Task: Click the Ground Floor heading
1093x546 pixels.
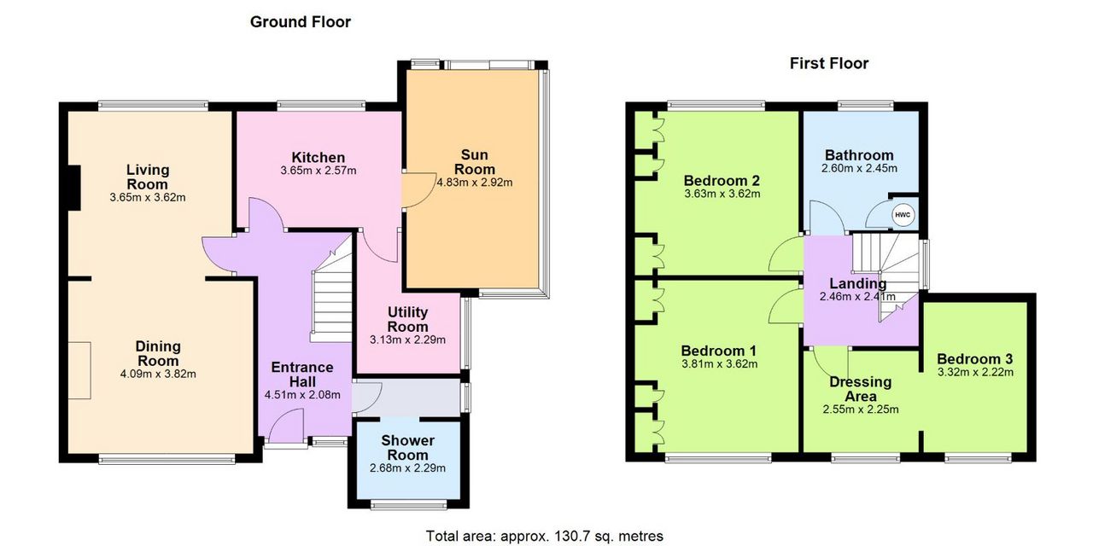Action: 300,22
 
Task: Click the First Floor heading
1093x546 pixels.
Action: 829,63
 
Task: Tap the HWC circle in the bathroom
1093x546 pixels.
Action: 903,215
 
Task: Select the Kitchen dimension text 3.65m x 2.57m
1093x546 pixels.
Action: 319,171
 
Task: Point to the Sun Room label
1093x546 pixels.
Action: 474,162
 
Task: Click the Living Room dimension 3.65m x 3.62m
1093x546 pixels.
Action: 148,197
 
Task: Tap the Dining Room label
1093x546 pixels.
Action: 158,353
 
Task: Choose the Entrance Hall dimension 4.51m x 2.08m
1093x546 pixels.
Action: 302,395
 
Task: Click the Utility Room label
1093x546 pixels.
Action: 407,319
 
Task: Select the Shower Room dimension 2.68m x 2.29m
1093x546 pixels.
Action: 407,468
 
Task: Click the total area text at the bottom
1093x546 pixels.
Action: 545,536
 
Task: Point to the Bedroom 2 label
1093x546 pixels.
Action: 722,180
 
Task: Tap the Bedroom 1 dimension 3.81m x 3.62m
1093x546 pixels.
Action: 719,363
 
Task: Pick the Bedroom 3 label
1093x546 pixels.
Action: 975,359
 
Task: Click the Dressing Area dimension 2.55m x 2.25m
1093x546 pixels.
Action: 860,409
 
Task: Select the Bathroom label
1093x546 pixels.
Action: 859,155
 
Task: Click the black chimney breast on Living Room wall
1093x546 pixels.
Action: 73,189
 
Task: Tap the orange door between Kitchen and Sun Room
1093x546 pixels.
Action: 418,190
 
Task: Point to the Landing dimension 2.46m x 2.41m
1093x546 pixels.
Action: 857,296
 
